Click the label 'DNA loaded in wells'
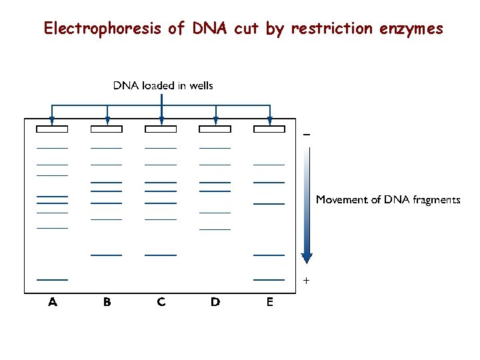(163, 85)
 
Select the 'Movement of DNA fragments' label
(387, 199)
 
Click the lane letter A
(53, 302)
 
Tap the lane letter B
(107, 302)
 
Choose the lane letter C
(161, 302)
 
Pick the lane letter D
(215, 302)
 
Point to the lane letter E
(269, 302)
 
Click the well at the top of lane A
(53, 129)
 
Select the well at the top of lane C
(161, 129)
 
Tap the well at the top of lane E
(269, 129)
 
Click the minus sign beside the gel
(307, 135)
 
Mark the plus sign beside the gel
(307, 281)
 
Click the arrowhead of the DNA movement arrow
(307, 258)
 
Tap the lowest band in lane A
(53, 279)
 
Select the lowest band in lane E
(269, 279)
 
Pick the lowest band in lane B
(107, 255)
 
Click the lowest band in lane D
(215, 229)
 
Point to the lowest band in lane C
(161, 255)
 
